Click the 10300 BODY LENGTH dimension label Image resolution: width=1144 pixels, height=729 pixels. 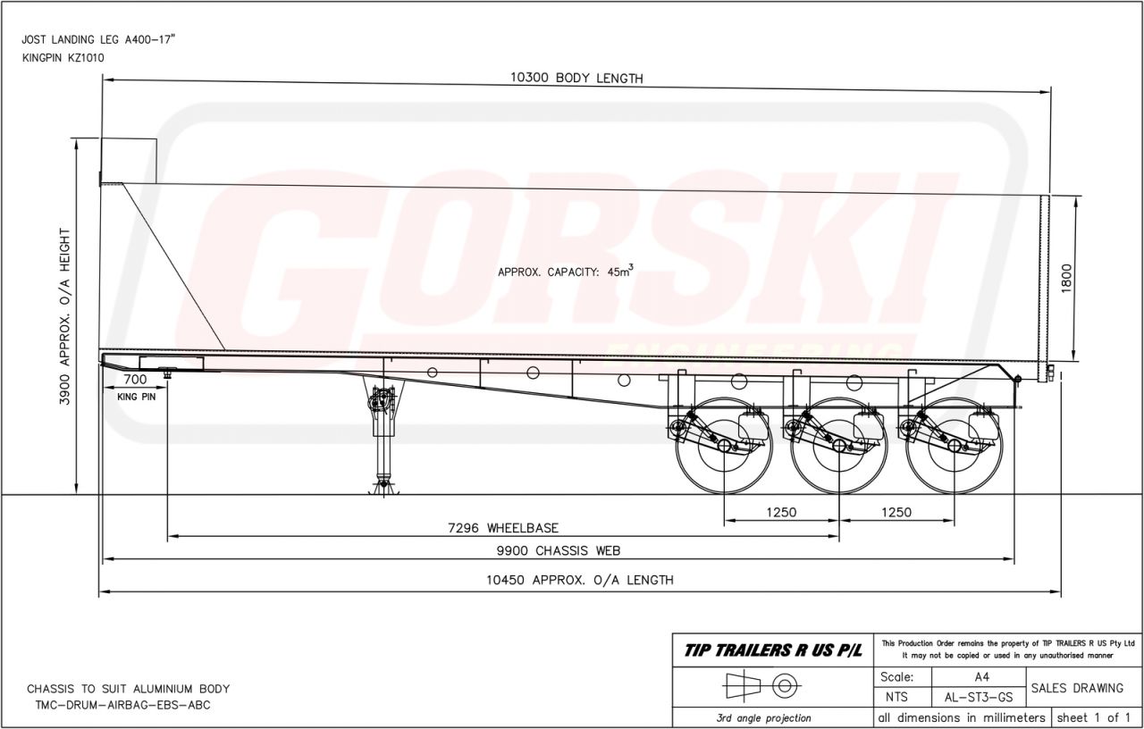[x=576, y=78]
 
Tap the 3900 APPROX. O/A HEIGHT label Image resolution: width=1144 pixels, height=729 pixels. [x=65, y=316]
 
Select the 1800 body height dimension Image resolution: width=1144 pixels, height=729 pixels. [x=1065, y=280]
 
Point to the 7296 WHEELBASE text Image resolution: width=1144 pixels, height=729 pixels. [x=503, y=528]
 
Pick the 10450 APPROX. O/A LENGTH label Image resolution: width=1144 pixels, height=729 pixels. [x=579, y=580]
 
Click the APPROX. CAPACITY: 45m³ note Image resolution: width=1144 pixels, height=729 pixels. [x=565, y=272]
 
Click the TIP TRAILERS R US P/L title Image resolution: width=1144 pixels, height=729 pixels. [x=773, y=650]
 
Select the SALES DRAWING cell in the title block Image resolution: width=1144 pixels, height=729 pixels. [x=1082, y=688]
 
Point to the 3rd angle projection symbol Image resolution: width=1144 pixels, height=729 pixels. [x=762, y=686]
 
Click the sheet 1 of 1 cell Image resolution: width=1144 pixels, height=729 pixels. [x=1095, y=717]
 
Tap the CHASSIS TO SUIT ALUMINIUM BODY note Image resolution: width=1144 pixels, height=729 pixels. [x=128, y=689]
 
